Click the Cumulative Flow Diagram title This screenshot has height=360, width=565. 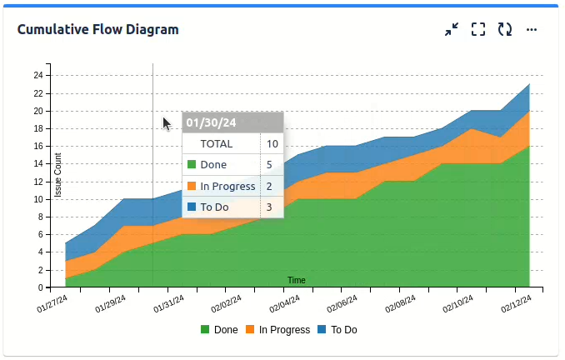98,30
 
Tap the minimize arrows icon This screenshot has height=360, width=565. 452,30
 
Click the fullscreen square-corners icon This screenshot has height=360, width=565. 478,30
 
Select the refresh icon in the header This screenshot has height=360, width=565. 505,30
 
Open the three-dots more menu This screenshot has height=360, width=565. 532,30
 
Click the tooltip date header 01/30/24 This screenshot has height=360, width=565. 211,122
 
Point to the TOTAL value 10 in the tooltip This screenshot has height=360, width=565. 272,143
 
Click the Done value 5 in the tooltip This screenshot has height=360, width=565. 270,165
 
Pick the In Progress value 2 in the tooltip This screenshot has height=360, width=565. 270,186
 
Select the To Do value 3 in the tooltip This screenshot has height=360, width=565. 270,207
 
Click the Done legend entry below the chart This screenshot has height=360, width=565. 219,330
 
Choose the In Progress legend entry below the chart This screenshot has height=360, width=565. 277,330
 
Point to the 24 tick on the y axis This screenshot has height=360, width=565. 38,75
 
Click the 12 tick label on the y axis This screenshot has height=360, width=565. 38,182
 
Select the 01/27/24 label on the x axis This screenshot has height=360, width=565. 52,304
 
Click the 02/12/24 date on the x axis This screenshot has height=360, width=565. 517,304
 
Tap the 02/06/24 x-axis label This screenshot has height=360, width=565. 342,304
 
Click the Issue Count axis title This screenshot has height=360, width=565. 58,175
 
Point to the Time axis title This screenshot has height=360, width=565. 297,280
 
